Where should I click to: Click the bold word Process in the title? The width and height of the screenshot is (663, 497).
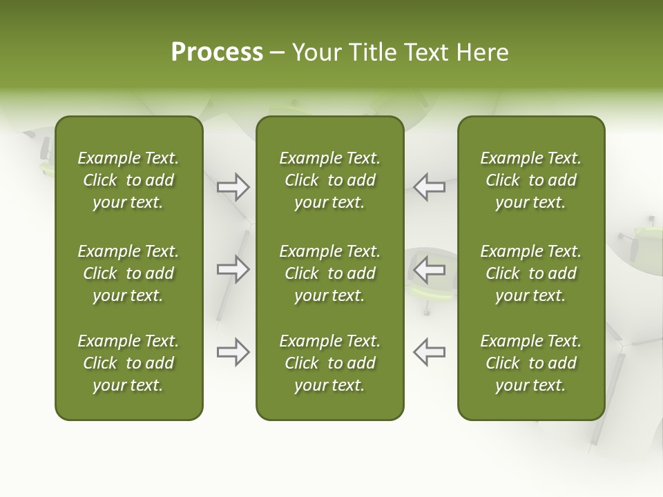click(217, 52)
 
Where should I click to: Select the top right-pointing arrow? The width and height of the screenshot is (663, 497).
click(233, 186)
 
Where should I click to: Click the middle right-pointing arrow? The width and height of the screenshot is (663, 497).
click(233, 269)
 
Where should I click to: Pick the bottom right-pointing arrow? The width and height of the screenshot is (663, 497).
click(233, 352)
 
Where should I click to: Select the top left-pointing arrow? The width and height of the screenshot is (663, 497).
click(429, 186)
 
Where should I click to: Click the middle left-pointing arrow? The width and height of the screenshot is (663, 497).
click(429, 269)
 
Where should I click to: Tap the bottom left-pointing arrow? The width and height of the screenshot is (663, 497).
click(429, 352)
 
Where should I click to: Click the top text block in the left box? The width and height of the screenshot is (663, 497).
click(128, 180)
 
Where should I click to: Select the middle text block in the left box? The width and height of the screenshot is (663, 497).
click(128, 273)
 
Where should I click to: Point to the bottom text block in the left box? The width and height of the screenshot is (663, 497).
click(128, 363)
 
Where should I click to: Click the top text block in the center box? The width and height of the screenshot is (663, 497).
click(330, 180)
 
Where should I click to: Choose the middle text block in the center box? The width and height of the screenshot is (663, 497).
click(330, 273)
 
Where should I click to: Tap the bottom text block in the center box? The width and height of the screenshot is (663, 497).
click(330, 363)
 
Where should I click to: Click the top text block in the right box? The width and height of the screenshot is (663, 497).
click(531, 180)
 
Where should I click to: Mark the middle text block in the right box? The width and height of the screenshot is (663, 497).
click(531, 273)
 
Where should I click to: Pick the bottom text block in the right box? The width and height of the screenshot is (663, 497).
click(531, 363)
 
